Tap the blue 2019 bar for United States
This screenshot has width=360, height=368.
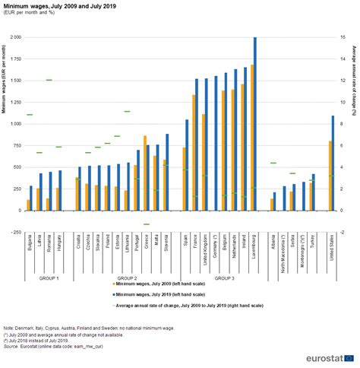point(333,163)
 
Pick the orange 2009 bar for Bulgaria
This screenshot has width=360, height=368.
point(29,205)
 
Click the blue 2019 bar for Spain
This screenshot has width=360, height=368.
point(187,164)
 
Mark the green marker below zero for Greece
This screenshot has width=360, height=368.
point(146,224)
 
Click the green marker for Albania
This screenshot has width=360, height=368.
point(273,163)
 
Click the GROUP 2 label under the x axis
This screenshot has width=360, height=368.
point(125,278)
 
